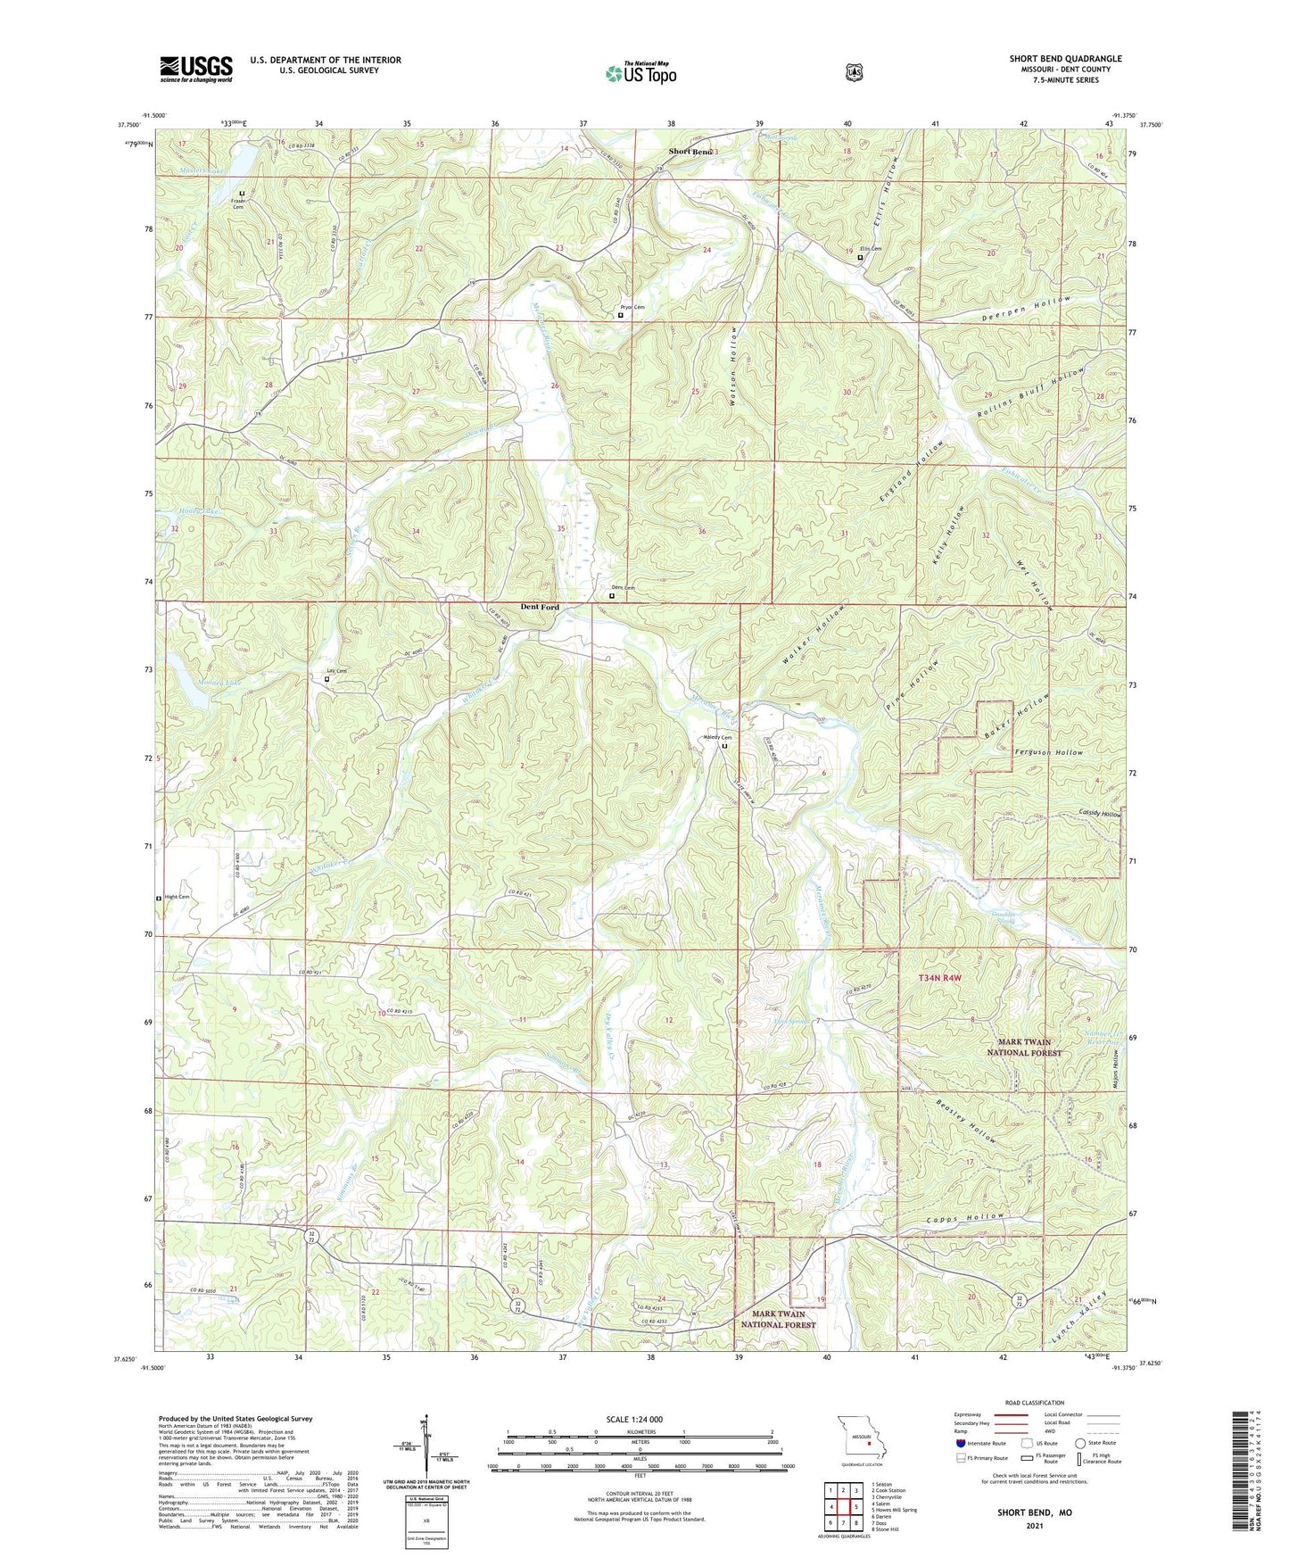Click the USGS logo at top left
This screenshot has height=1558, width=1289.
click(x=196, y=69)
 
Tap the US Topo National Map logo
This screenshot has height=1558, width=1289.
click(x=640, y=72)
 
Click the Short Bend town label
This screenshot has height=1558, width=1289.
click(x=690, y=152)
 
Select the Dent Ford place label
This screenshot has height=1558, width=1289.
click(x=540, y=607)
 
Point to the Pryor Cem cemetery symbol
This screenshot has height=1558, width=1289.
click(x=621, y=315)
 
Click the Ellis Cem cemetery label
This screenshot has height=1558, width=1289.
click(x=871, y=249)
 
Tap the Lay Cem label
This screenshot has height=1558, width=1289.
click(x=335, y=671)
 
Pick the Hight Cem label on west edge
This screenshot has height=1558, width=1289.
click(x=177, y=897)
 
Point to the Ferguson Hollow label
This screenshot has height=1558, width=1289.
click(x=1049, y=752)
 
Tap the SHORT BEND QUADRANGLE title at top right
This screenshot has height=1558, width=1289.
click(x=1065, y=59)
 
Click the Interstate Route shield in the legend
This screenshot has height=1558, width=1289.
click(x=960, y=1444)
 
